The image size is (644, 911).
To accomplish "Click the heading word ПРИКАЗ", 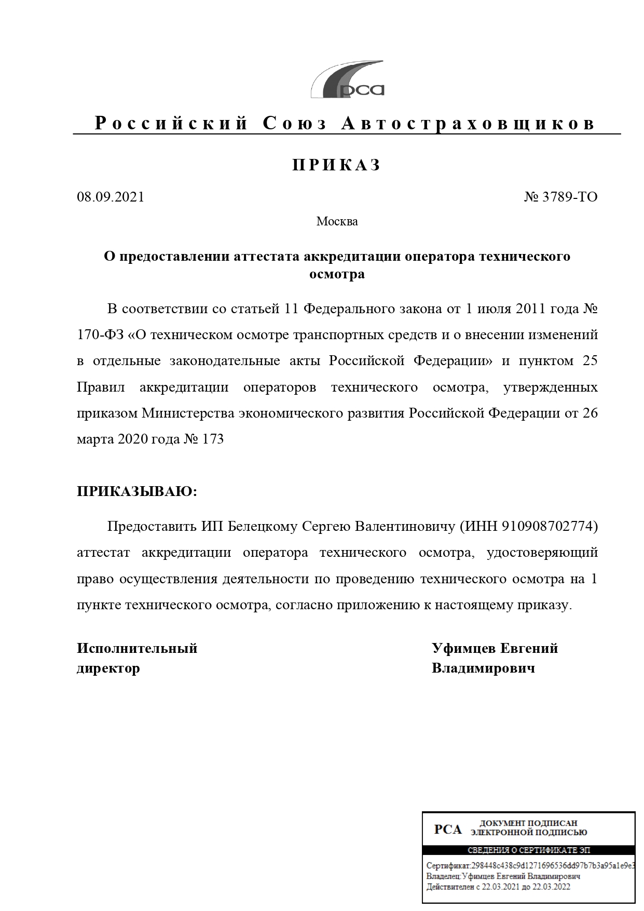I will click(337, 165).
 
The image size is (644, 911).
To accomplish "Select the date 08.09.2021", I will click(111, 197).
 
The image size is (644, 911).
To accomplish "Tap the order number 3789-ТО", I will click(570, 197).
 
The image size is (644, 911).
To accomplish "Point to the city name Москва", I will click(337, 222).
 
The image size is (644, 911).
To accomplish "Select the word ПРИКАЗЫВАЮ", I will click(137, 491).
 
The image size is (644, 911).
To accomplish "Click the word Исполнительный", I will click(137, 649).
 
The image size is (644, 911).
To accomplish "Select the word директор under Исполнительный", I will click(108, 668).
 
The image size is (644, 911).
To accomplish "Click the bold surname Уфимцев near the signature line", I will click(463, 649).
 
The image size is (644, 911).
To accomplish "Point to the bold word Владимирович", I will click(483, 668).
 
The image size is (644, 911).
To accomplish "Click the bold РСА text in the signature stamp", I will click(448, 829).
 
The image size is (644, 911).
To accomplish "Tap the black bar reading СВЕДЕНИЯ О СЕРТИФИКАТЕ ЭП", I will click(528, 851).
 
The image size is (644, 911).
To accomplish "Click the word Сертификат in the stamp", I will click(447, 866).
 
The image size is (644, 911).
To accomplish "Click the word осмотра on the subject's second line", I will click(337, 274).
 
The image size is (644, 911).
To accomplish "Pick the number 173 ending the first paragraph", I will click(213, 439).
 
